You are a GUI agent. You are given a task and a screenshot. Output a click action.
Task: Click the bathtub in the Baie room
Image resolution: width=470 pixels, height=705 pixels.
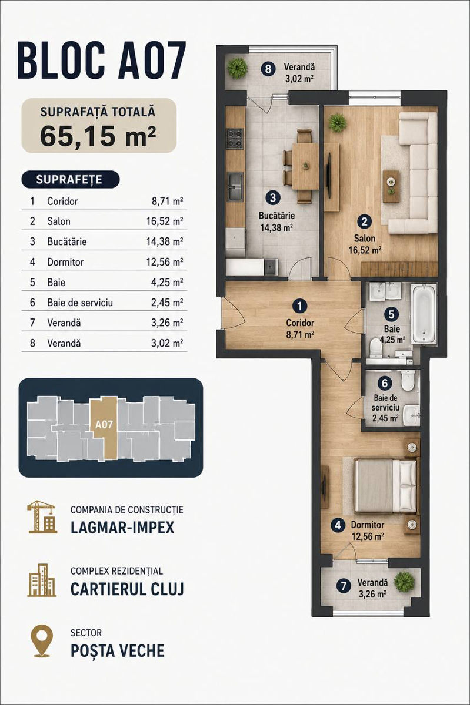(424, 313)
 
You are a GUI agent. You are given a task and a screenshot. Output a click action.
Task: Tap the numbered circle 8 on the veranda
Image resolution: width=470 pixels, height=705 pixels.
(268, 69)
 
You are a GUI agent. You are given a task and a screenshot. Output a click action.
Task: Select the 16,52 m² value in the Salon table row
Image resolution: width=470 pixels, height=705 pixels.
(165, 221)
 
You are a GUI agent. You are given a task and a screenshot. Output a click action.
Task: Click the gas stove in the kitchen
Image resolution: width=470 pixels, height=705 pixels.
(235, 138)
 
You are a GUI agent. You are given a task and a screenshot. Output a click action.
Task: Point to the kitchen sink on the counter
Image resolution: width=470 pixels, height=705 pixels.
(235, 186)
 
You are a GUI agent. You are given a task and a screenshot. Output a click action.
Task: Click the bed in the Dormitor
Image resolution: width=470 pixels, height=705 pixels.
(386, 486)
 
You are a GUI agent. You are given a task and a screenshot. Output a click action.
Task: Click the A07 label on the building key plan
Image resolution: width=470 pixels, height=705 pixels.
(104, 425)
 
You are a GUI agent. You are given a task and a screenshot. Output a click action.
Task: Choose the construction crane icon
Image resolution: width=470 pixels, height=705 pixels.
(42, 517)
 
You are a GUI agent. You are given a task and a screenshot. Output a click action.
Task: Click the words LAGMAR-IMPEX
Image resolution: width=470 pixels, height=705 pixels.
(122, 528)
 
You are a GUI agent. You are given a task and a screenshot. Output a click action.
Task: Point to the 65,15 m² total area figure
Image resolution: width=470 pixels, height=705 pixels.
(98, 136)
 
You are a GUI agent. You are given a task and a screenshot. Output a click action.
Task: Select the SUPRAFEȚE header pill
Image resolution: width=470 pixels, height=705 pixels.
(71, 180)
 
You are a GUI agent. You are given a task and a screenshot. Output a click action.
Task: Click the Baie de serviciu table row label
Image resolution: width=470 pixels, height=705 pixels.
(80, 303)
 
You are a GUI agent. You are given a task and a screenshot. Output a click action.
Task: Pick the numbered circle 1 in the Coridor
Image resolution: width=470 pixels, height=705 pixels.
(299, 306)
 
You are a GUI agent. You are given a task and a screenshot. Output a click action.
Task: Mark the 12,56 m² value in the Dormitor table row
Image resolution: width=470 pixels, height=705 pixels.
(165, 262)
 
